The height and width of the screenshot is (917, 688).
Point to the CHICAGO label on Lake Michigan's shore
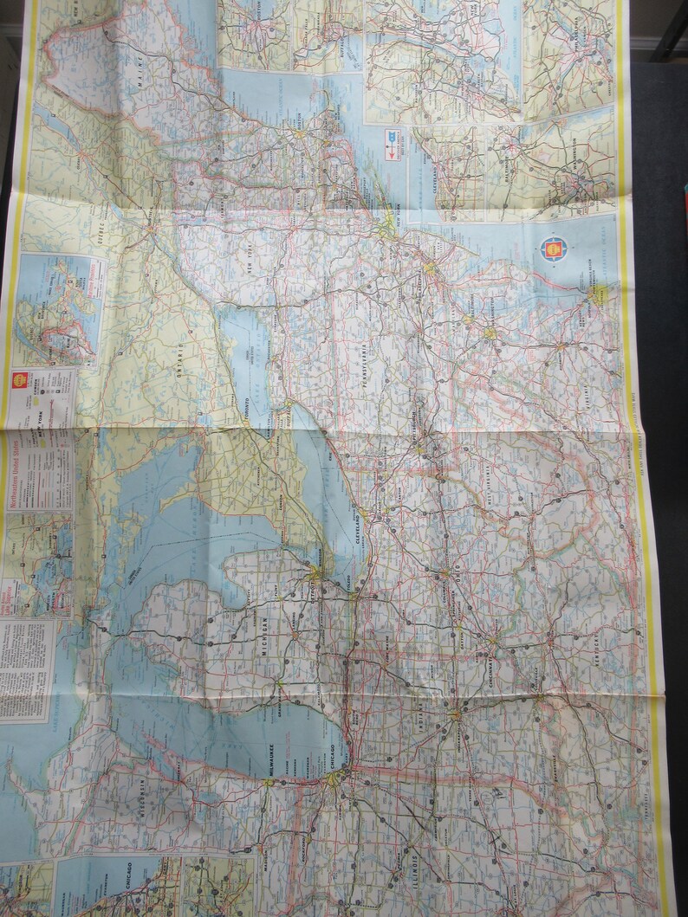tap(328, 753)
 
